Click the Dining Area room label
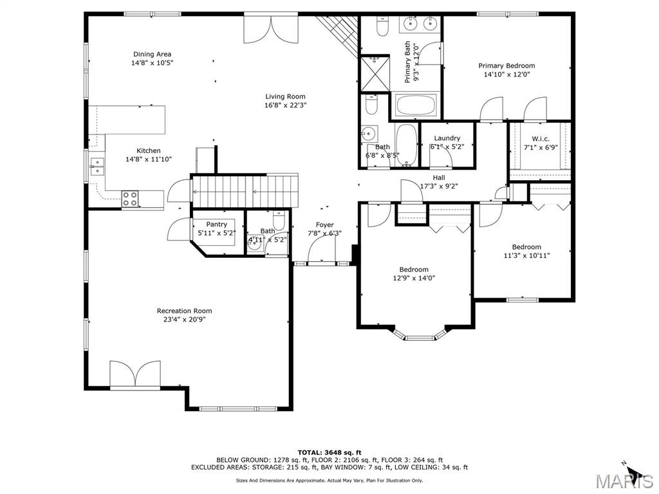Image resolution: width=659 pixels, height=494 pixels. [152, 54]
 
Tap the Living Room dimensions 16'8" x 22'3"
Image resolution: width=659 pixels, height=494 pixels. [285, 105]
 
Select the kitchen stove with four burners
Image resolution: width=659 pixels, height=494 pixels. [130, 199]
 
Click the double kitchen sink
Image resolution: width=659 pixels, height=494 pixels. [97, 166]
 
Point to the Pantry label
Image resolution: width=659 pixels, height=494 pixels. [216, 224]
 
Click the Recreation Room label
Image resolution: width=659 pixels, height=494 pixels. [185, 311]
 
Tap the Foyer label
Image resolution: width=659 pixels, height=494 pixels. [325, 225]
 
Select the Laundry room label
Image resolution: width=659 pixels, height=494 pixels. [447, 138]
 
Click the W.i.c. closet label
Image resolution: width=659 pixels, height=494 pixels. [541, 139]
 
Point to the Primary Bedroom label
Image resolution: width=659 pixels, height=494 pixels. [507, 66]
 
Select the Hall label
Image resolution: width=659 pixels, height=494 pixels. [439, 178]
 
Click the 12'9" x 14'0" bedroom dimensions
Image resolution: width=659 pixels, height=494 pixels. [414, 278]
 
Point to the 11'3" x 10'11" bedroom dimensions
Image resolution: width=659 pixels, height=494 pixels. [526, 255]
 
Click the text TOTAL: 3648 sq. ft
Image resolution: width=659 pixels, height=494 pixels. [329, 452]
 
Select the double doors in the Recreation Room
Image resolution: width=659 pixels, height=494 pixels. [135, 373]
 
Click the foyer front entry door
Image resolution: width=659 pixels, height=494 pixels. [322, 250]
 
